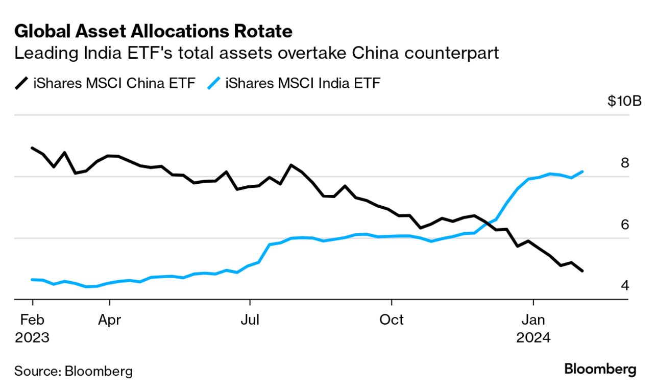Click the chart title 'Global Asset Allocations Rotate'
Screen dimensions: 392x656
[x=153, y=31]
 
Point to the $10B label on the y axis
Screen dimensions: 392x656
[x=624, y=101]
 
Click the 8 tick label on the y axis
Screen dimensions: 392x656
[x=624, y=163]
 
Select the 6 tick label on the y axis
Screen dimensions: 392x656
[x=624, y=225]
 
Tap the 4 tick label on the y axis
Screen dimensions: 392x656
[x=624, y=286]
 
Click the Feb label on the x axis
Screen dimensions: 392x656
[x=32, y=320]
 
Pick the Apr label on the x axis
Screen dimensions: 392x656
[x=110, y=320]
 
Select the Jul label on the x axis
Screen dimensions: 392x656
[x=250, y=320]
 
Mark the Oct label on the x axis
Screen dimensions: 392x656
[x=391, y=320]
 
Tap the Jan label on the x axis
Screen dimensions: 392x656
[x=533, y=320]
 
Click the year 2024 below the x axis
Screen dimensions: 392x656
[x=533, y=338]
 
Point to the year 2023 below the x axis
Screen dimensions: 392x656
[x=32, y=338]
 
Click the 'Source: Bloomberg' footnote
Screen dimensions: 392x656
[x=73, y=371]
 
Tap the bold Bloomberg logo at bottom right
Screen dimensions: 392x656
[x=600, y=370]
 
